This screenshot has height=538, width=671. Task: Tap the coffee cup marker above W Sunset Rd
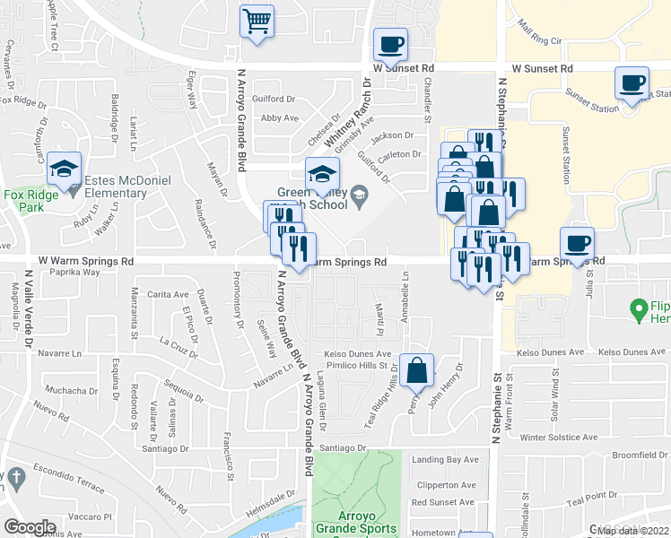pyautogui.click(x=391, y=45)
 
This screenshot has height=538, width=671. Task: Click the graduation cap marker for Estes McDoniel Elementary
pyautogui.click(x=65, y=170)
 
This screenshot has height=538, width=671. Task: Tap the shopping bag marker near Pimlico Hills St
pyautogui.click(x=418, y=370)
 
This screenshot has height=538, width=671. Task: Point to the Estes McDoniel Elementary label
pyautogui.click(x=116, y=187)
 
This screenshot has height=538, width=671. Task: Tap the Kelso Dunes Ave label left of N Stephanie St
pyautogui.click(x=353, y=354)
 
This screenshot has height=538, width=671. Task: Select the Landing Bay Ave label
pyautogui.click(x=445, y=460)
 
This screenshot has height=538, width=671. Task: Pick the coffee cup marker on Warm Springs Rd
pyautogui.click(x=577, y=243)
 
